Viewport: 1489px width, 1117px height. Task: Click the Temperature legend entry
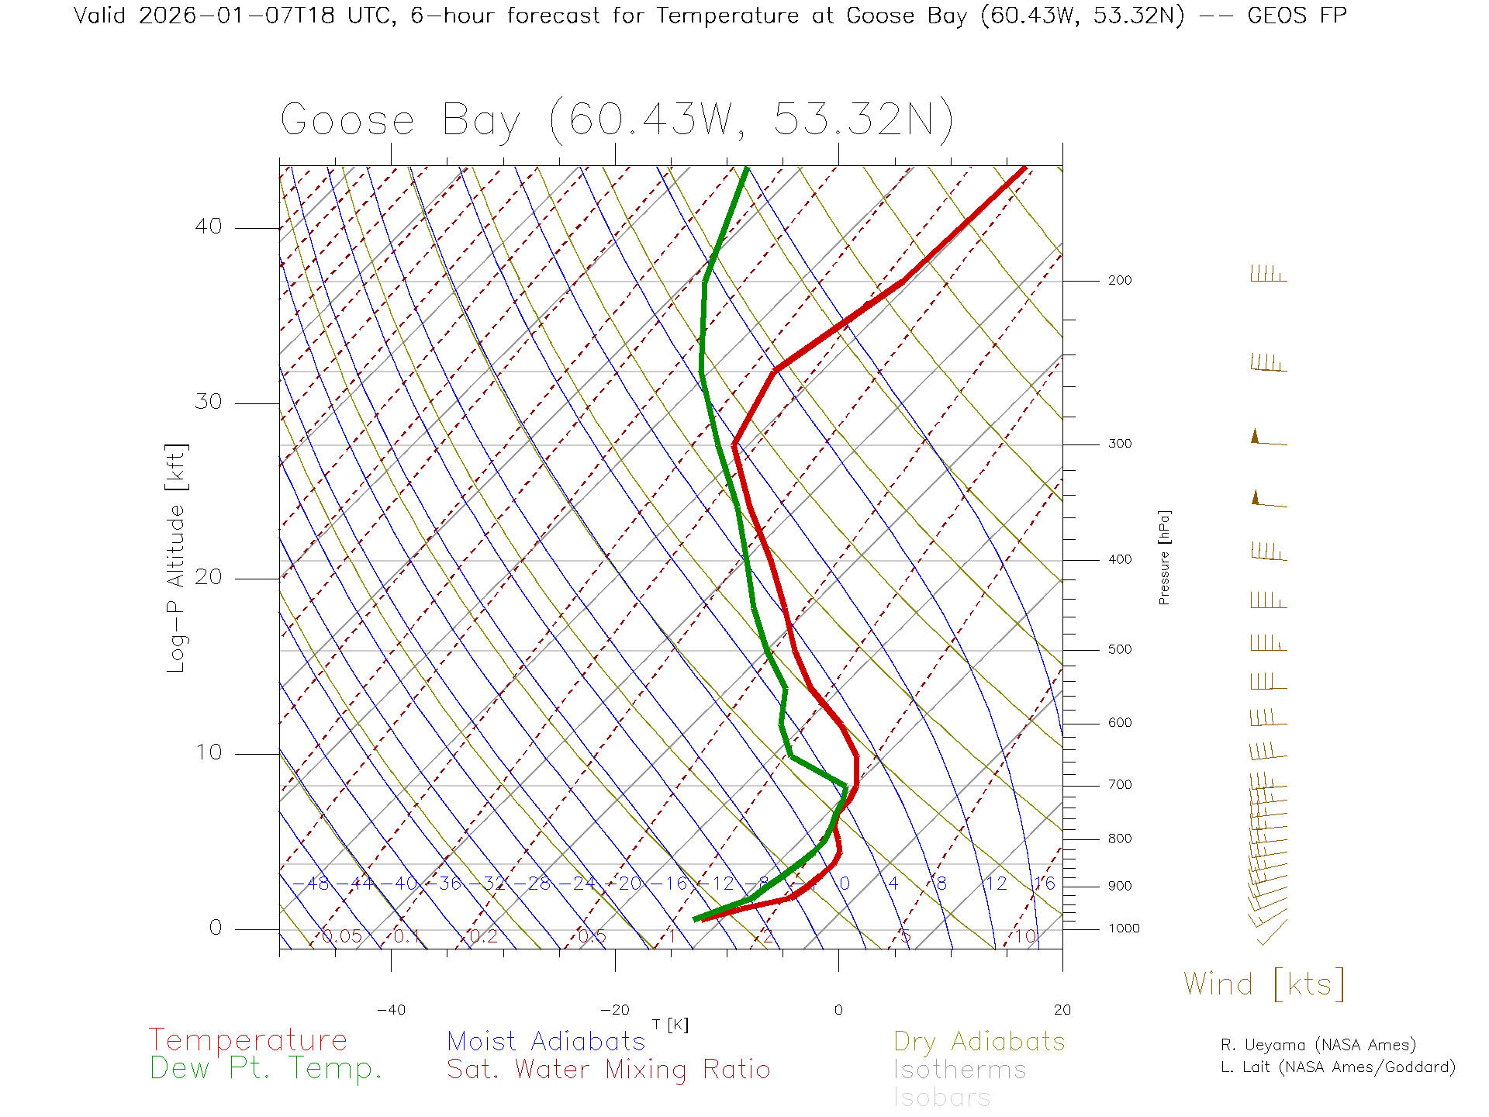(248, 1039)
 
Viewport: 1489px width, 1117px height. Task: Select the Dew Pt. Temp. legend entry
(266, 1069)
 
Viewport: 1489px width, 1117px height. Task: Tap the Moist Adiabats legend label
(547, 1041)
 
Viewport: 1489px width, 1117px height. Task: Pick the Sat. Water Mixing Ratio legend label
(609, 1070)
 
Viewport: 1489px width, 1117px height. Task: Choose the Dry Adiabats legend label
(979, 1041)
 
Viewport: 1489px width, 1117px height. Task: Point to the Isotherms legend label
(960, 1070)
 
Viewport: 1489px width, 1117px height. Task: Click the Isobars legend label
(942, 1098)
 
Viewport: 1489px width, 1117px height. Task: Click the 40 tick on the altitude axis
(208, 227)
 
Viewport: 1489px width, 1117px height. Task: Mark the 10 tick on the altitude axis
(208, 752)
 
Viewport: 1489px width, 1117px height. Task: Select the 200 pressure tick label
(1120, 281)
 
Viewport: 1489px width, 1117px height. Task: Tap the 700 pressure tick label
(1120, 785)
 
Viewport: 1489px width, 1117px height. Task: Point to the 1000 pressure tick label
(1124, 929)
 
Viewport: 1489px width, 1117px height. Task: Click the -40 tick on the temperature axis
(391, 1010)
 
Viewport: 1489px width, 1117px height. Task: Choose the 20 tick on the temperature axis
(1062, 1010)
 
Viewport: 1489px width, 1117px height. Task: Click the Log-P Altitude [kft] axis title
(177, 558)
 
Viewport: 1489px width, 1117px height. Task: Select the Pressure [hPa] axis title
(1164, 557)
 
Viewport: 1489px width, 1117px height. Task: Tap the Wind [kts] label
(1264, 984)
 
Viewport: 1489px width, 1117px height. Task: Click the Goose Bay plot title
(617, 120)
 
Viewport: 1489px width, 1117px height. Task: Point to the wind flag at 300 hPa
(1267, 439)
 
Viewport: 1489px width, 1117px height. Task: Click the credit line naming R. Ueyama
(1318, 1045)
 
